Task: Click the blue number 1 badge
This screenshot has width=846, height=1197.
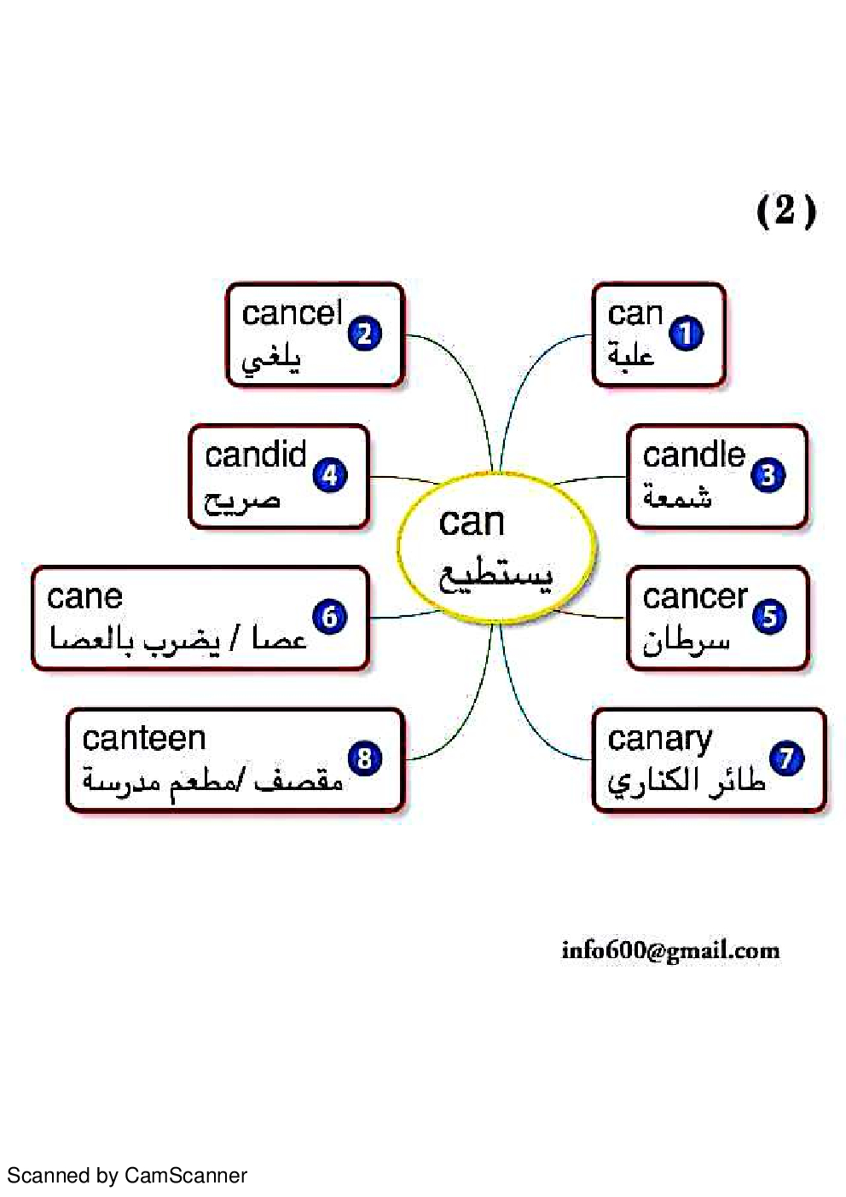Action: click(x=687, y=334)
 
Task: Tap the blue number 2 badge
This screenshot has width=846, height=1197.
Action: click(x=365, y=334)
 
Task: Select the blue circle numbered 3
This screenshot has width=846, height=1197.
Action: click(x=768, y=475)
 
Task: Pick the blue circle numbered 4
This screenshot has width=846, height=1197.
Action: click(x=330, y=475)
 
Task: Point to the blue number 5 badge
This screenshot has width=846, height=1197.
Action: click(x=769, y=616)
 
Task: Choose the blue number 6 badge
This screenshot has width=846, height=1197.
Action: click(x=330, y=616)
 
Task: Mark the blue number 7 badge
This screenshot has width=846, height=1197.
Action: click(x=786, y=758)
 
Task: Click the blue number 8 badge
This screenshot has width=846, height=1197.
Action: click(x=365, y=758)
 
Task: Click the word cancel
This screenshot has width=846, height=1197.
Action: click(x=292, y=313)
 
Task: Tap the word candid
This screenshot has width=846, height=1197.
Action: click(x=255, y=455)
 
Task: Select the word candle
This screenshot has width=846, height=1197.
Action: click(x=693, y=455)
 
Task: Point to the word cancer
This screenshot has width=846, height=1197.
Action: click(x=694, y=596)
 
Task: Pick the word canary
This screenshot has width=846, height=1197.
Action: click(x=660, y=739)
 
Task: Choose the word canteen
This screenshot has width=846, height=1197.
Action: click(x=144, y=738)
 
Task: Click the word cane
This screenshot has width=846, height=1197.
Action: click(x=84, y=596)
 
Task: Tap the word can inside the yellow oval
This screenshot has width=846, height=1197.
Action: click(x=472, y=521)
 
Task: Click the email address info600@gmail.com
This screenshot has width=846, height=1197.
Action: click(x=670, y=950)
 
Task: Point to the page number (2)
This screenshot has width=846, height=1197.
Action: click(x=785, y=210)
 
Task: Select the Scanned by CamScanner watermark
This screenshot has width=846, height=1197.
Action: click(x=127, y=1176)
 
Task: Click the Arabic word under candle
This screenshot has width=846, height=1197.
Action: click(x=678, y=496)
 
